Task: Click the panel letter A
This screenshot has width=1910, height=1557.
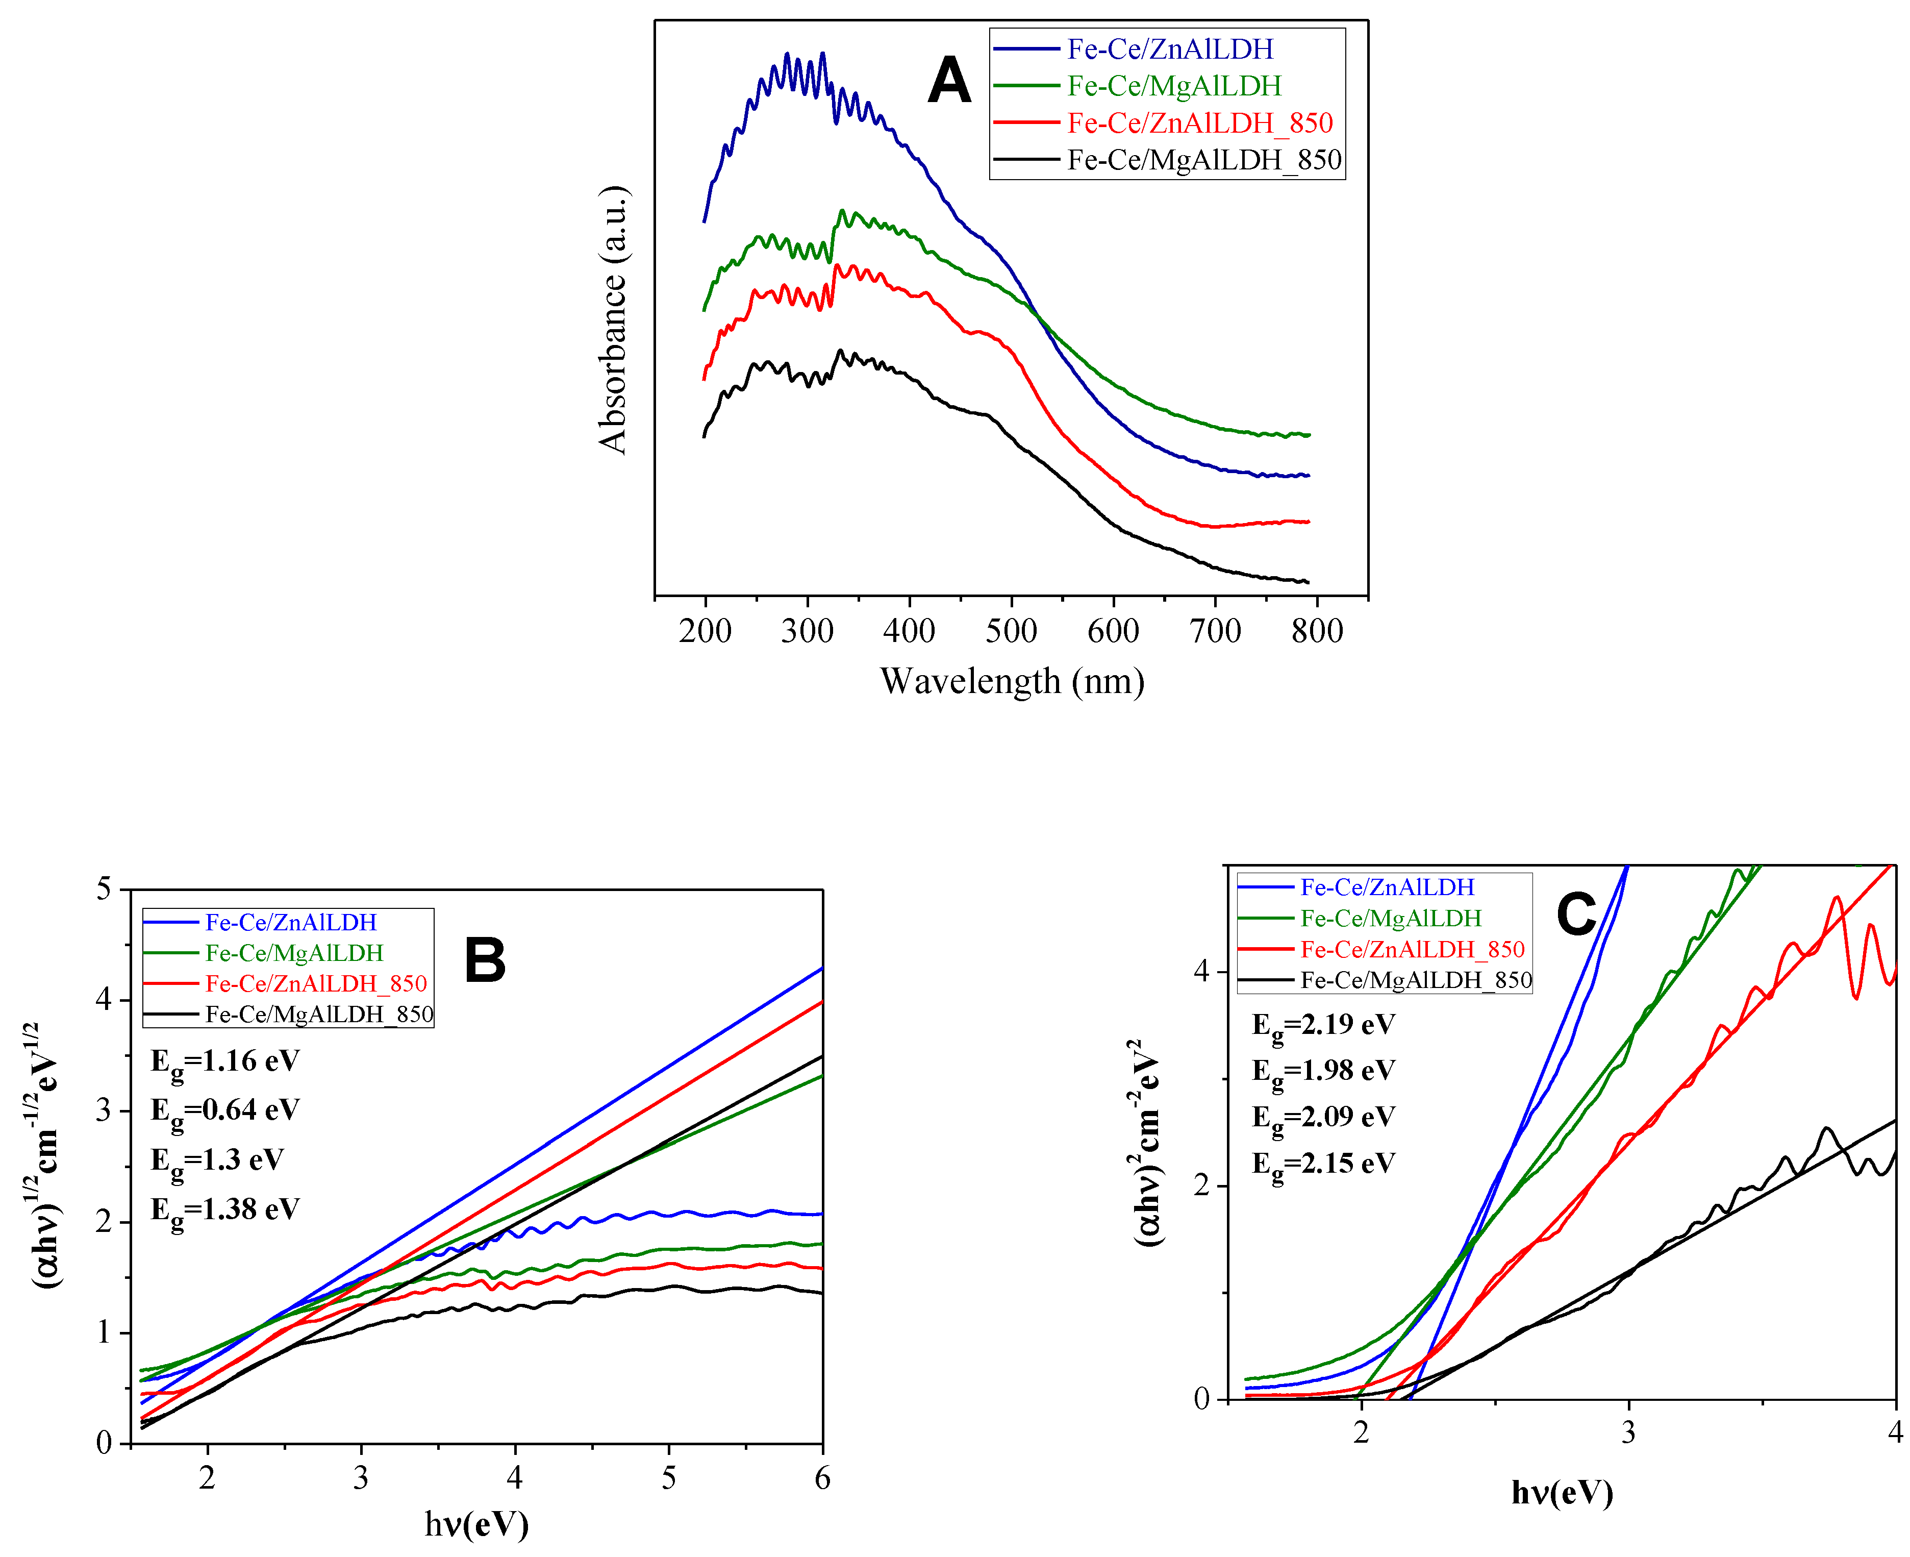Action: tap(949, 81)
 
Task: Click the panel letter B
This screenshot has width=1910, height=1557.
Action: tap(485, 960)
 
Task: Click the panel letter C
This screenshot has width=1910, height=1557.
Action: tap(1575, 915)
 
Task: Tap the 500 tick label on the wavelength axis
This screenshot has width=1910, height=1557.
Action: tap(1011, 631)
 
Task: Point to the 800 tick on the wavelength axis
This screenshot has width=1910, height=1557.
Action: tap(1316, 631)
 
